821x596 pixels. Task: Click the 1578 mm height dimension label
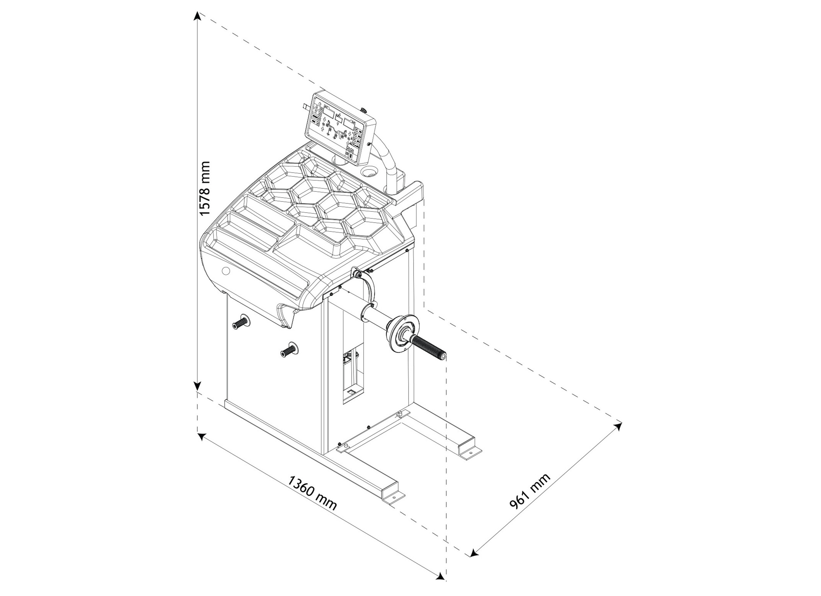tap(205, 188)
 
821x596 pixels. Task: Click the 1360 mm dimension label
tap(312, 493)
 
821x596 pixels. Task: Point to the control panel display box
tap(340, 129)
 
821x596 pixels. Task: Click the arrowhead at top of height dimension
tap(197, 16)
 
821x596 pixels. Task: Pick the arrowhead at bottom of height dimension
tap(197, 386)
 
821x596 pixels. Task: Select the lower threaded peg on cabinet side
tap(288, 350)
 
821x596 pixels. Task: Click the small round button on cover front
tap(226, 271)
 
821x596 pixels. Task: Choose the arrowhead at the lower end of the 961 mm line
tap(473, 563)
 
